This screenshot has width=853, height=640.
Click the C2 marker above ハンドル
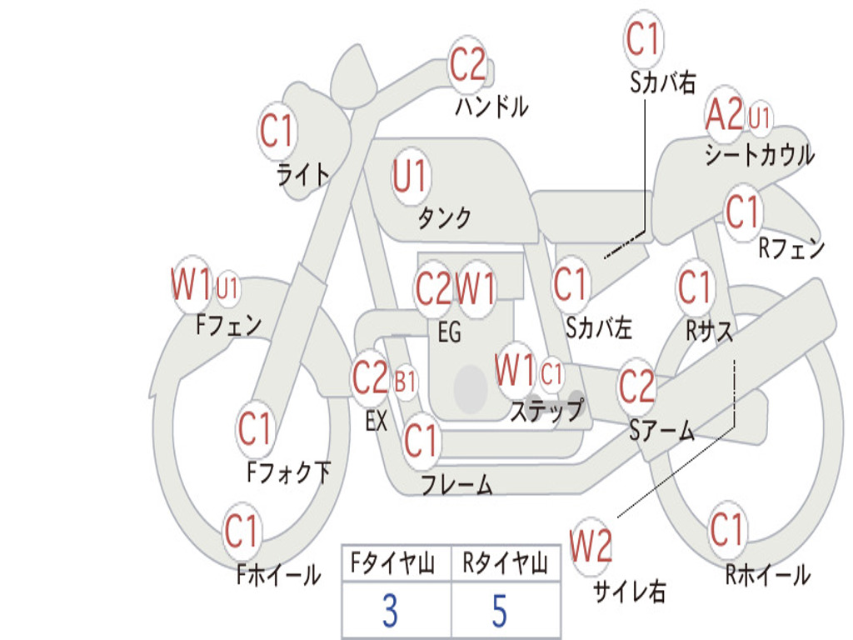467,65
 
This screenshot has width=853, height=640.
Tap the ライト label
303,175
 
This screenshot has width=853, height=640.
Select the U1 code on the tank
410,177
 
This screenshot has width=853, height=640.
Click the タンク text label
444,218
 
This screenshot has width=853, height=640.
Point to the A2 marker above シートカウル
724,116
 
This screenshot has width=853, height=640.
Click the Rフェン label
791,248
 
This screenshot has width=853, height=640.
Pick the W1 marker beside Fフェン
191,286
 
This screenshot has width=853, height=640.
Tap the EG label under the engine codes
449,332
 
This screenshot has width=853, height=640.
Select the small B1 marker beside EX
406,382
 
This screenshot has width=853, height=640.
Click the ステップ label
546,410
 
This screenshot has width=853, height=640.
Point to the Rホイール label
767,574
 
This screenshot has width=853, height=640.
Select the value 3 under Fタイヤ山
389,612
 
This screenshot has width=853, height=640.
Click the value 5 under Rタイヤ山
499,612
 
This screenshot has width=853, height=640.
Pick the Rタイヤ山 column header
505,565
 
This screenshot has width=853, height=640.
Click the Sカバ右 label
662,82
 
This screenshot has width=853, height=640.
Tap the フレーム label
456,485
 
